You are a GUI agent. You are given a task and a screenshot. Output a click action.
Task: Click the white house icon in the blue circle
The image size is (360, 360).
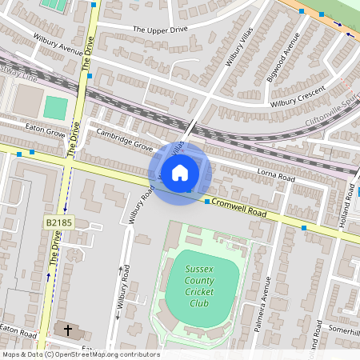coord(180,172)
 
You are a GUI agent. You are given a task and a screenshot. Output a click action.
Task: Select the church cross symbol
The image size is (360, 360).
coord(68,330)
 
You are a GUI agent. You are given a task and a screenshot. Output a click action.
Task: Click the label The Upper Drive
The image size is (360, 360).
coord(159,30)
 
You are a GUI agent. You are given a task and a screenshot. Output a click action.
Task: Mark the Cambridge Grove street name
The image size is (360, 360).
coord(124,139)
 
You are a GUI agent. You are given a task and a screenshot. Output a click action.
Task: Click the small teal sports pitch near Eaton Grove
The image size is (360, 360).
coord(55,106)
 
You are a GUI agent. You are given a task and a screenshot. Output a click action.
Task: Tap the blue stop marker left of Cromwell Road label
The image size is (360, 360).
coord(206,202)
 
